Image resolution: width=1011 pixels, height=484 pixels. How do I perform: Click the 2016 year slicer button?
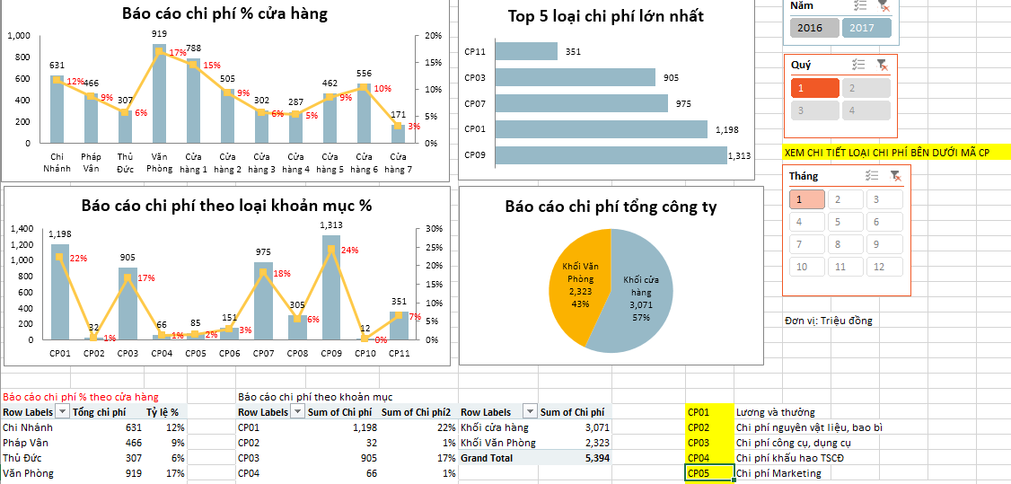click(810, 28)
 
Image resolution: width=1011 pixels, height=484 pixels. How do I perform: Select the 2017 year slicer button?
click(866, 28)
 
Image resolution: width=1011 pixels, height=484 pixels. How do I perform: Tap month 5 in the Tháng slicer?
click(840, 222)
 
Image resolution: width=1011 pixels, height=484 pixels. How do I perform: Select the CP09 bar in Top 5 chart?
click(611, 155)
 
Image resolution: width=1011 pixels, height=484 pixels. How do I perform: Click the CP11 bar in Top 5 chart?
click(526, 51)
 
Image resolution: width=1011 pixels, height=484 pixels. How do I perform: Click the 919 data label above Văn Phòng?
click(159, 33)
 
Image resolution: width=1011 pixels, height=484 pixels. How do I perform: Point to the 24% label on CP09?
click(349, 250)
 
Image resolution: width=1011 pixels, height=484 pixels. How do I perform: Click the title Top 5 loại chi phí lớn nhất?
click(605, 16)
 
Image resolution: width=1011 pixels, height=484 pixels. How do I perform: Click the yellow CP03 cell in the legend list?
click(709, 443)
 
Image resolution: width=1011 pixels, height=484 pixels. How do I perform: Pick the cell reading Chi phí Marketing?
click(778, 473)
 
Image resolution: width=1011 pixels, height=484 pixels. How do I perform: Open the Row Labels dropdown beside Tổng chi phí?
click(62, 412)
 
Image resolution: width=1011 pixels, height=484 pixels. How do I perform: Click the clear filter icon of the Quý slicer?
click(883, 65)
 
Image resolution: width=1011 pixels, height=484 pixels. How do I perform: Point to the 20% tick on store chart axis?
click(433, 36)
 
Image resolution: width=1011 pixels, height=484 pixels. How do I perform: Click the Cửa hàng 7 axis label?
click(398, 163)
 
